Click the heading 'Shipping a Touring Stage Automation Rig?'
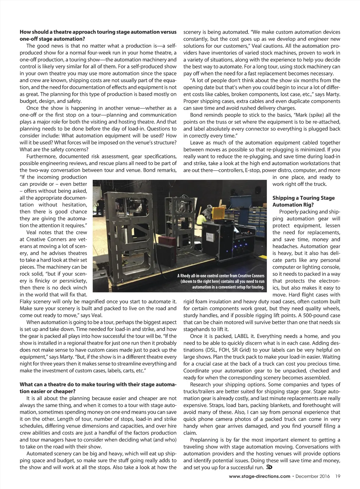303,201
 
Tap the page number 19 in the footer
337,476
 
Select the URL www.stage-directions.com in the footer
259,476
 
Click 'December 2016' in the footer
313,476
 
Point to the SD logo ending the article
270,467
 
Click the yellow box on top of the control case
217,212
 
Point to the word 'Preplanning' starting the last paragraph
204,440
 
